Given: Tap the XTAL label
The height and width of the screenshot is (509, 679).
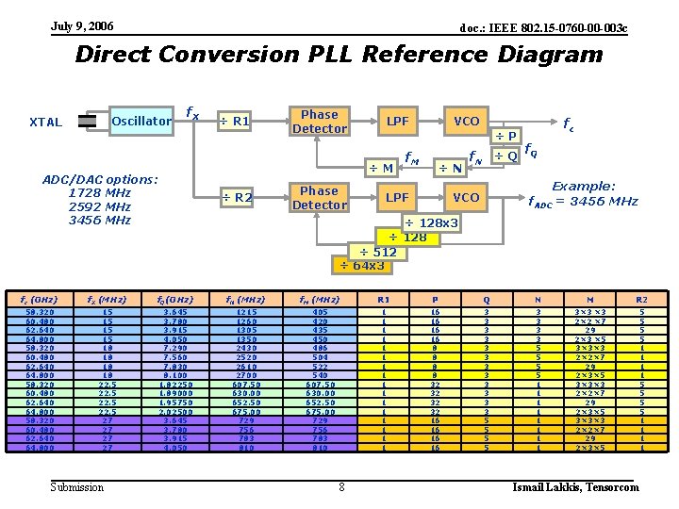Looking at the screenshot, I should (x=45, y=122).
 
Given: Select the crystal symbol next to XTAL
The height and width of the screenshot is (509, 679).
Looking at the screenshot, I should (x=88, y=121).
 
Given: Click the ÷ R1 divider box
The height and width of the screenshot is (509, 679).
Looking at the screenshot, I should (x=235, y=121).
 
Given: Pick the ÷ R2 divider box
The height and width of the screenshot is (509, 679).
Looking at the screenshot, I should (x=236, y=197).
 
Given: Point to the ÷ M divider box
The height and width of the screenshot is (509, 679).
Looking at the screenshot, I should (x=381, y=168).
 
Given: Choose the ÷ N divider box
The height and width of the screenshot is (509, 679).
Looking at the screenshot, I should (x=448, y=168).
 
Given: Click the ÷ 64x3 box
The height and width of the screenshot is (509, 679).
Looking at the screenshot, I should (x=361, y=266).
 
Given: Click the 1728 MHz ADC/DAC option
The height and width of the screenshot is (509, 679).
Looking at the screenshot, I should (x=100, y=193).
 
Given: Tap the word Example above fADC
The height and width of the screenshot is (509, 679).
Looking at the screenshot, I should (x=583, y=187).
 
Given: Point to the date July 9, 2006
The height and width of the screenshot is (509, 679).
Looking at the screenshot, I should (x=82, y=25).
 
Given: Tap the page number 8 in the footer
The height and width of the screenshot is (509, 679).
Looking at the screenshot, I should (x=340, y=487).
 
